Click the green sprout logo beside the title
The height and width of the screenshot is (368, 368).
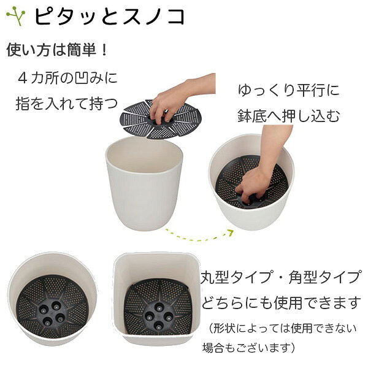[x=16, y=16]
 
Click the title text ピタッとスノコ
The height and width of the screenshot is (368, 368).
[x=109, y=17]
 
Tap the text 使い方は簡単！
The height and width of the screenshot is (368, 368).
[x=57, y=50]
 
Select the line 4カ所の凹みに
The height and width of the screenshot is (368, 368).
[x=67, y=78]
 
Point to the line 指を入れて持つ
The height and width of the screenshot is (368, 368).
[x=67, y=104]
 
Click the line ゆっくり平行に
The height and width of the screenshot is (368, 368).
[x=289, y=90]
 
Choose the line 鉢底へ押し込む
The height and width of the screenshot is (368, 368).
[x=289, y=116]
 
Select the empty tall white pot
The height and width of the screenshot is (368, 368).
[x=144, y=183]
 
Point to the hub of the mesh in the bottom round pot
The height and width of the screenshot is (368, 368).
[x=51, y=313]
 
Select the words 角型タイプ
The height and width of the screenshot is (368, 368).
[x=324, y=277]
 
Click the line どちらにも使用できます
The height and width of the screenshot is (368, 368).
[x=281, y=303]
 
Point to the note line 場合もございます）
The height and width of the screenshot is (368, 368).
[x=249, y=348]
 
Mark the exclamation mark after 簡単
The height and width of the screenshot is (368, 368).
[x=104, y=50]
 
